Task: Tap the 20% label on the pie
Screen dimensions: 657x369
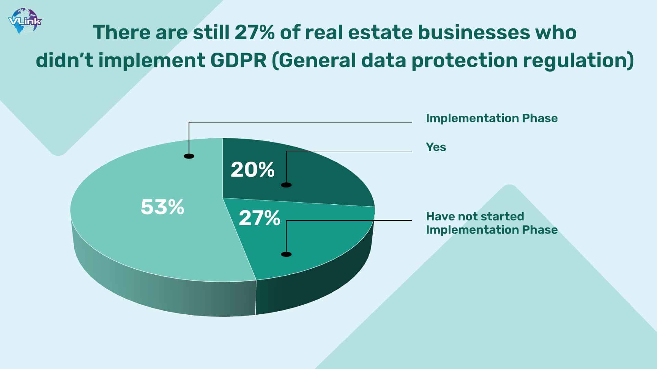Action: pos(253,169)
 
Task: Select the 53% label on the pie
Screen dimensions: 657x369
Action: pos(163,207)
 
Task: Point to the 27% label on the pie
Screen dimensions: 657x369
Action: pos(259,218)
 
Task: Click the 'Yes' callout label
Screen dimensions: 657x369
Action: pos(436,147)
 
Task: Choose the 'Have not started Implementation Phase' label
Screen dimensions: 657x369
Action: pos(492,223)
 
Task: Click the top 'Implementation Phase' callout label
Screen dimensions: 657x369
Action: pos(492,118)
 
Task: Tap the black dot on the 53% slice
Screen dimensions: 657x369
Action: pos(189,156)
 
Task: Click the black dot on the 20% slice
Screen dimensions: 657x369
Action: pos(286,185)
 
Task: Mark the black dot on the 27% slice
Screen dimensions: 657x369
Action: pos(286,254)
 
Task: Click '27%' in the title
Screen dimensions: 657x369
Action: pos(255,32)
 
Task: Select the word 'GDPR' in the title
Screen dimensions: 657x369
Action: pos(238,60)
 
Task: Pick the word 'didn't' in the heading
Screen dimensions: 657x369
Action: pos(65,60)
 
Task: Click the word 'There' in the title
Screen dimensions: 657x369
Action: pos(121,32)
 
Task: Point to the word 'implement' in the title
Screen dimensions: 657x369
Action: pos(152,61)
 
